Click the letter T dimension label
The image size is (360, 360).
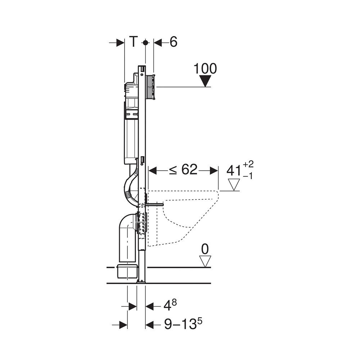133,42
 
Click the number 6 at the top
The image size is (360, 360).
174,42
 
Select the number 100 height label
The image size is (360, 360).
205,68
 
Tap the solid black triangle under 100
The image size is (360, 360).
205,81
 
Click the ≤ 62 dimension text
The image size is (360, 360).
183,170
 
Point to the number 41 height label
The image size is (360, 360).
234,171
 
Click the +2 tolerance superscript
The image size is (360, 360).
248,164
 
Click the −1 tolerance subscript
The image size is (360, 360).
248,176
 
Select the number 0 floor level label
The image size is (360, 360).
205,249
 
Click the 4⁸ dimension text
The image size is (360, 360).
170,306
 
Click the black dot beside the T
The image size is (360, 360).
145,43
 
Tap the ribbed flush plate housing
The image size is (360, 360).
150,87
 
